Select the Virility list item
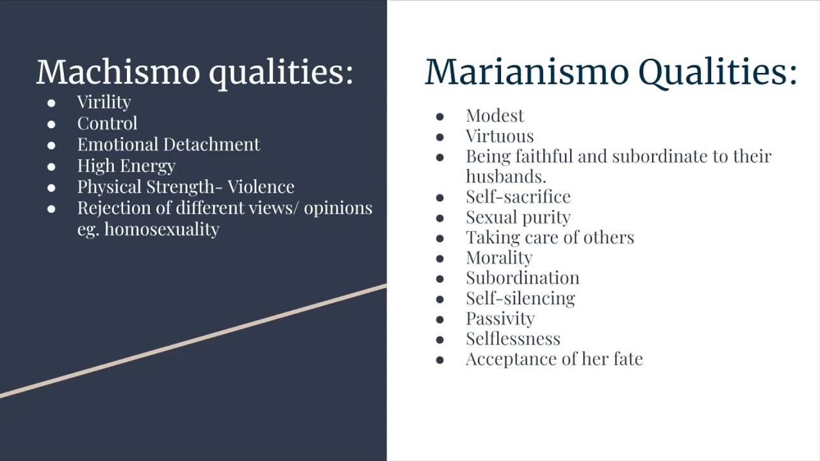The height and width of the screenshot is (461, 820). [104, 102]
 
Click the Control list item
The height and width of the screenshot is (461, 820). [107, 124]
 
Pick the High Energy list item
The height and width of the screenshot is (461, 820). [126, 166]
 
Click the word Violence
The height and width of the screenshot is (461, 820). [261, 187]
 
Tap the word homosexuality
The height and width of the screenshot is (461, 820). [161, 229]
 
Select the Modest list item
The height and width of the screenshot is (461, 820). [495, 116]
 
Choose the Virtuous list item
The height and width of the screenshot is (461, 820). [500, 136]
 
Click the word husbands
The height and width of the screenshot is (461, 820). [505, 177]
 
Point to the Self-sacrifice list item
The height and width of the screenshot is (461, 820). [518, 197]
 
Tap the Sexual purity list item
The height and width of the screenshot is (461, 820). [518, 218]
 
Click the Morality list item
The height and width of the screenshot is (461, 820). [499, 257]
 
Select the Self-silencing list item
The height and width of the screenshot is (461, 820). [520, 298]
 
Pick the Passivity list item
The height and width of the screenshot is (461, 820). [500, 318]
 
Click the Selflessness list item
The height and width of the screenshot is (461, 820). [512, 339]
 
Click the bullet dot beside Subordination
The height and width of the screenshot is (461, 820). [439, 279]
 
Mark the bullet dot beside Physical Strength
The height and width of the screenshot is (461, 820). [51, 187]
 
